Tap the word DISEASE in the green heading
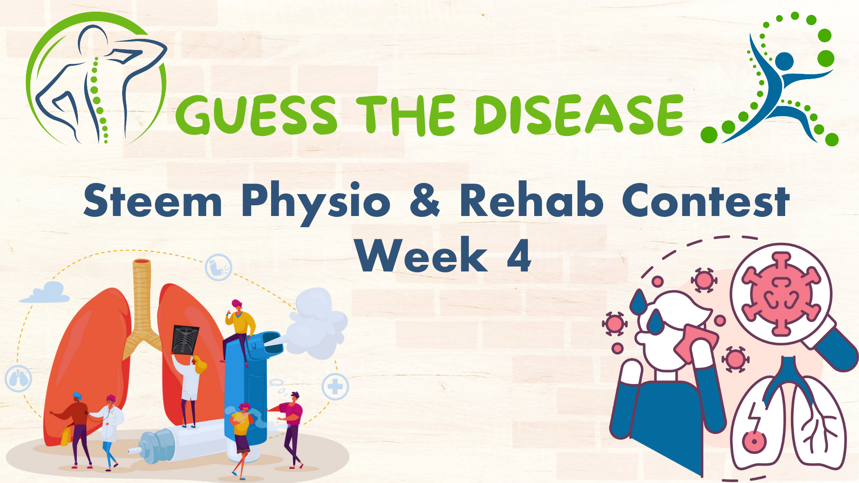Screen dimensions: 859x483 [579, 115]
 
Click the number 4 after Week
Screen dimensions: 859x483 [519, 254]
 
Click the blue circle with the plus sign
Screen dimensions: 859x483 [335, 386]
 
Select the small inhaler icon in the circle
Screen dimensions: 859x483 [218, 267]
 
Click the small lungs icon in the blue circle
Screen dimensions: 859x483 [18, 378]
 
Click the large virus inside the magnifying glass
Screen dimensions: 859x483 [781, 294]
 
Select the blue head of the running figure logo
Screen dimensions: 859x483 [785, 62]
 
